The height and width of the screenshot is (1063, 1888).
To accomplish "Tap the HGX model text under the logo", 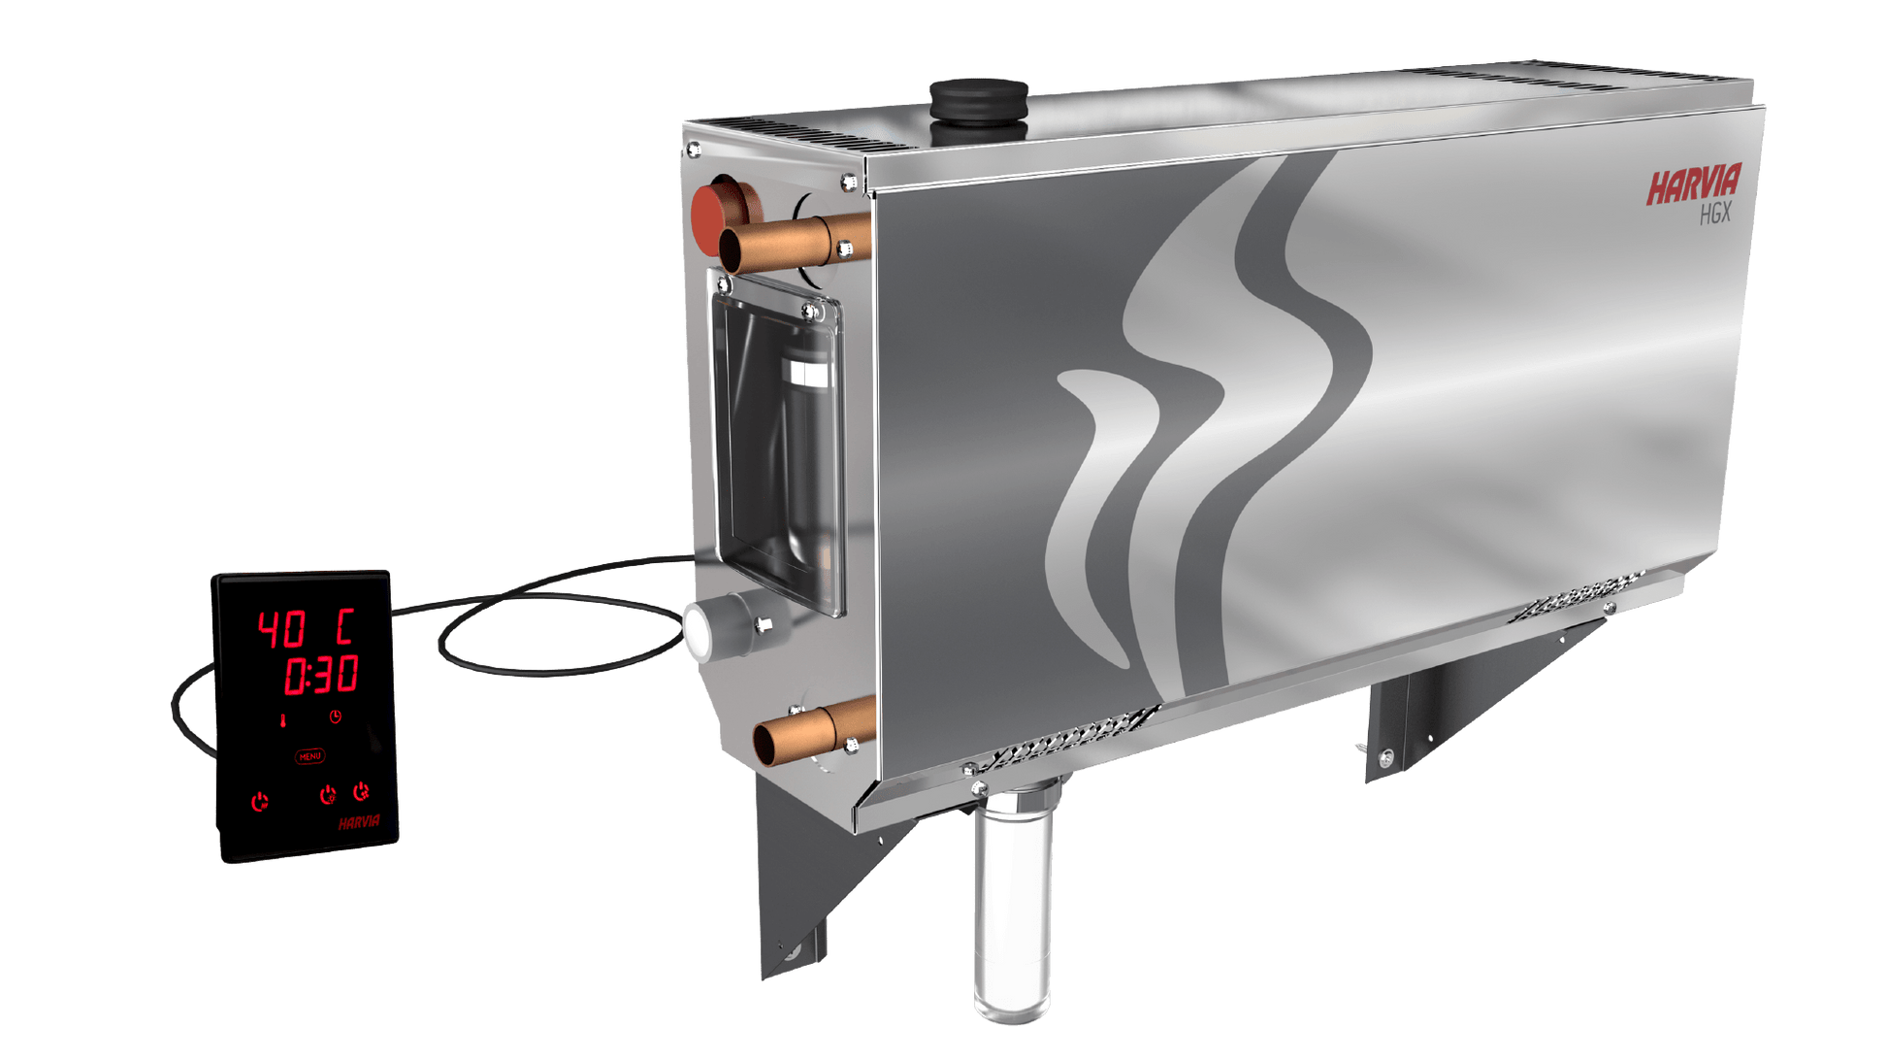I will (x=1714, y=216).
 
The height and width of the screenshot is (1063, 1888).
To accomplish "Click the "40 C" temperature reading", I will (x=305, y=629).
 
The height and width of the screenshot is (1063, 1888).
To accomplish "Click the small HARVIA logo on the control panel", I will (x=359, y=823).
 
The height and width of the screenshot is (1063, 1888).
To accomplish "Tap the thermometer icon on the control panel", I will (x=283, y=720).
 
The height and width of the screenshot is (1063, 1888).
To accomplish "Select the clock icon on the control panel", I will (x=335, y=717).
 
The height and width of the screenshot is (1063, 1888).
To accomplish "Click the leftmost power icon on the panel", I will (x=259, y=803).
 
